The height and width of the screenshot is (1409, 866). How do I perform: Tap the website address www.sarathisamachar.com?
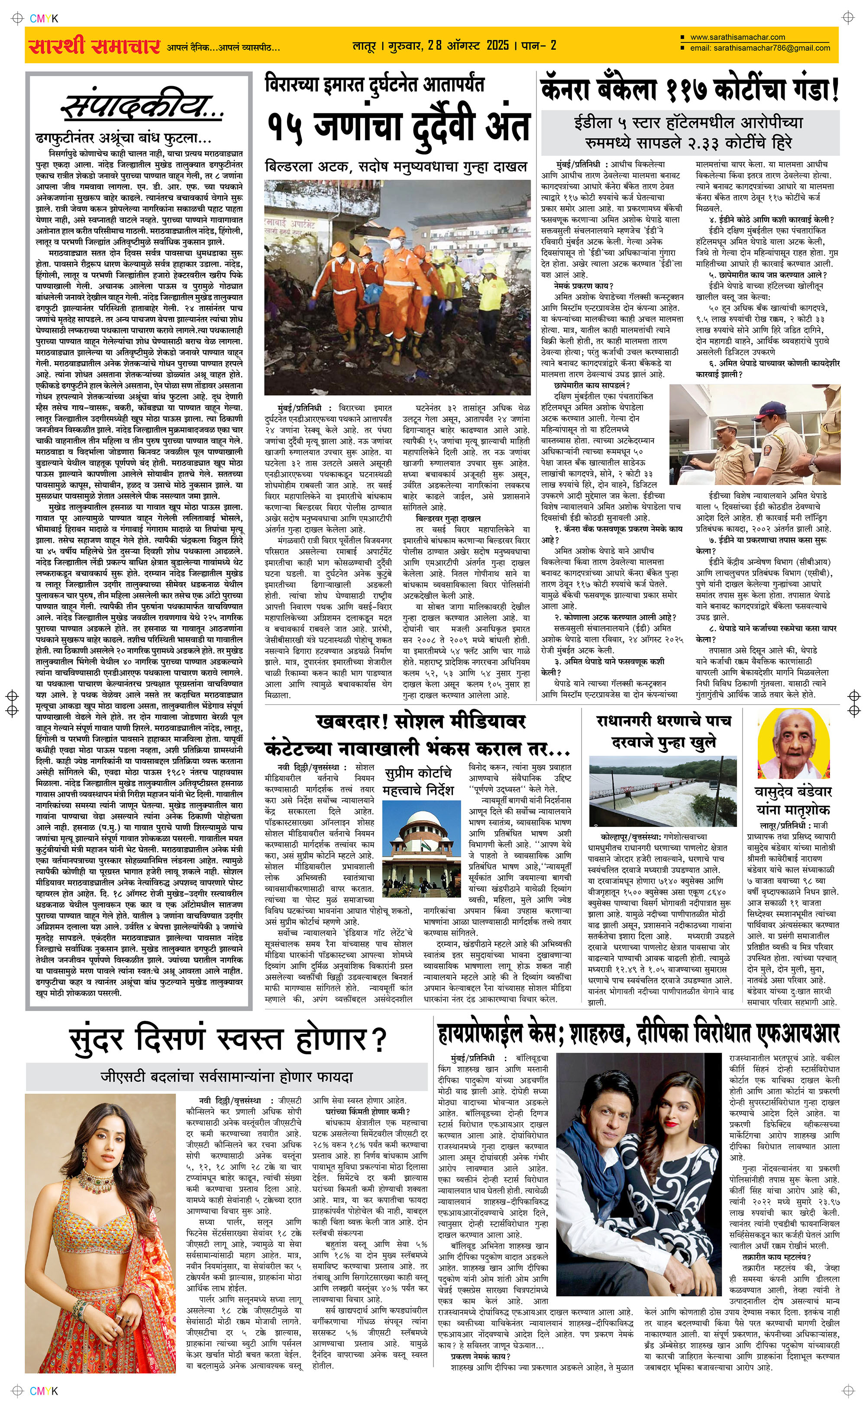(x=738, y=37)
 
